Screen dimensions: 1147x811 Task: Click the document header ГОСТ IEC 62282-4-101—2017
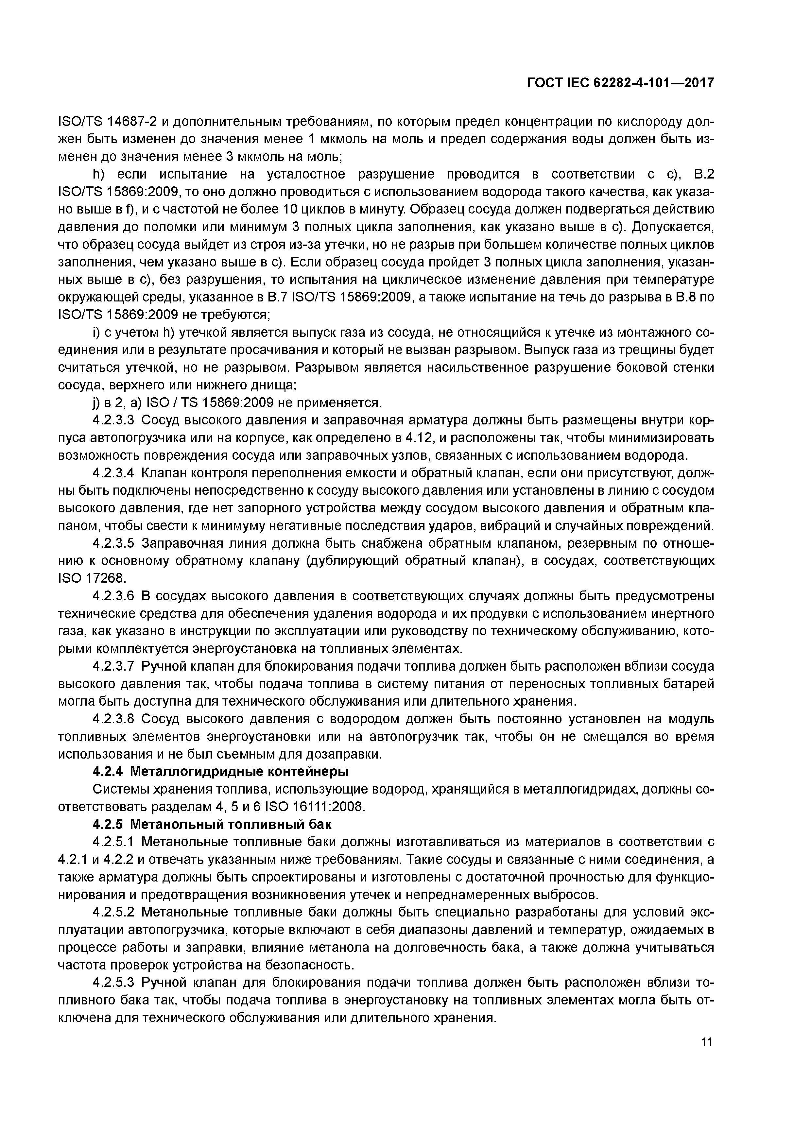click(620, 82)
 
